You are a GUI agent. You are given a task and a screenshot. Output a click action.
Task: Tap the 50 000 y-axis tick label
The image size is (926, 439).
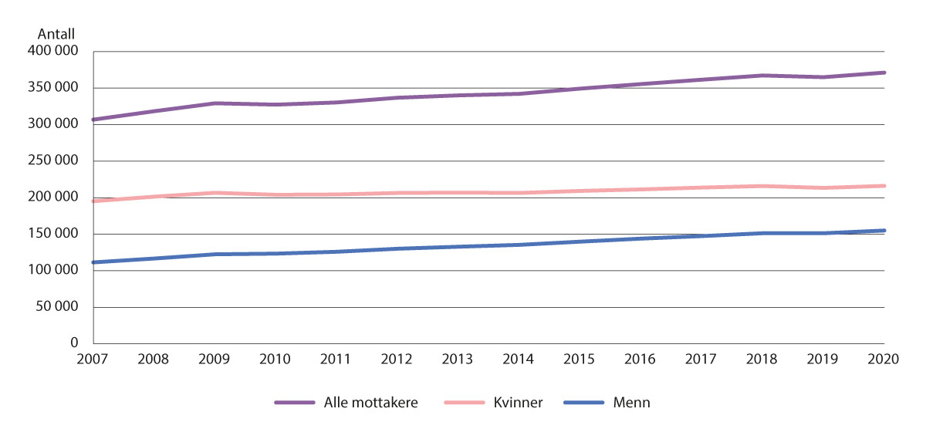click(59, 307)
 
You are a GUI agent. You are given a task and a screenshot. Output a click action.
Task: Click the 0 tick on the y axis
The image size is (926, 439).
click(75, 343)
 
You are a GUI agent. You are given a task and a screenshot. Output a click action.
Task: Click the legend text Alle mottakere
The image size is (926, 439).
click(371, 403)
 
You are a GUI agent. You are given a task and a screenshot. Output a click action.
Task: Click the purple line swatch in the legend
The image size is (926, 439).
click(295, 403)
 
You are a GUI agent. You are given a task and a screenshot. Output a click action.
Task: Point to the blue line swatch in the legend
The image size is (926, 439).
click(586, 403)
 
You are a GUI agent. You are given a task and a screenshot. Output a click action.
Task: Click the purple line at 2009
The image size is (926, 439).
click(215, 103)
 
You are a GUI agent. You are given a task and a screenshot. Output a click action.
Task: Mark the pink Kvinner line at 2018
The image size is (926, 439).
click(762, 186)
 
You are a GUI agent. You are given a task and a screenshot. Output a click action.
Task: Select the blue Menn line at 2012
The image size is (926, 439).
click(397, 248)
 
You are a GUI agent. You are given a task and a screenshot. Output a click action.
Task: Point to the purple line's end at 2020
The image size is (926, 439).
click(884, 73)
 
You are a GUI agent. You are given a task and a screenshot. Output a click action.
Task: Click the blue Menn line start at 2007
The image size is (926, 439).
click(93, 262)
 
